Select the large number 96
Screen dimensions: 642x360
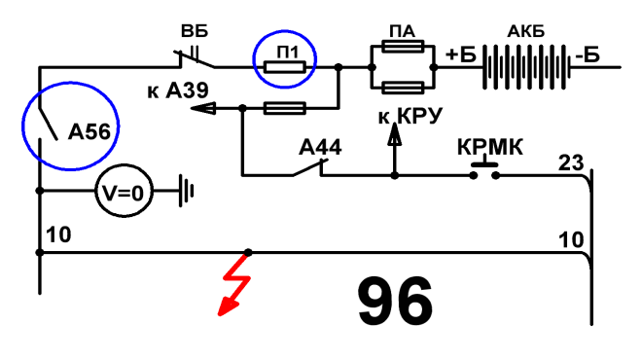[395, 301]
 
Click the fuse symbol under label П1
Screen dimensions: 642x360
[285, 67]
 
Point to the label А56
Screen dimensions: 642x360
[89, 132]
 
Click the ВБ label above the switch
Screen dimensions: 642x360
[195, 31]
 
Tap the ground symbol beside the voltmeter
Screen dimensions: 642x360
[186, 191]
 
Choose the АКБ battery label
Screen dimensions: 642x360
[525, 31]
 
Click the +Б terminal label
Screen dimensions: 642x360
[461, 54]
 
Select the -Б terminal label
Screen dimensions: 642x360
[588, 54]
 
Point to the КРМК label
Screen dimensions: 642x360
[490, 147]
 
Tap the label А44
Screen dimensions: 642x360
[320, 148]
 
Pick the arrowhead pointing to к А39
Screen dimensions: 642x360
[203, 109]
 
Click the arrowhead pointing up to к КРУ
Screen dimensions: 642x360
[394, 134]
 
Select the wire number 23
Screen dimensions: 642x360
[571, 162]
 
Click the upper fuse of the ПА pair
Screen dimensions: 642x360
[403, 47]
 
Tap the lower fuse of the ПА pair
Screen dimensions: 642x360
[403, 88]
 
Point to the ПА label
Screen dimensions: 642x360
[402, 31]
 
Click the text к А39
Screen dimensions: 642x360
[178, 90]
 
